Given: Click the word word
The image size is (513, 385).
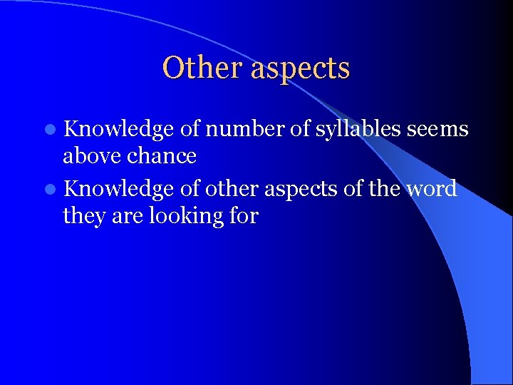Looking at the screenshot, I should tap(431, 189).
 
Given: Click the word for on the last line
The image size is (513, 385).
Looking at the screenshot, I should tap(243, 215).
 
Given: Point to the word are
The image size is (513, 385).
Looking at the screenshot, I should tap(128, 215).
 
